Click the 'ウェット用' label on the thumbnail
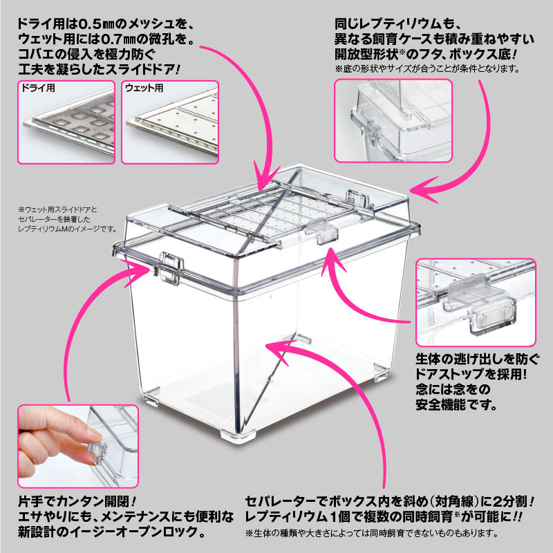tap(144, 89)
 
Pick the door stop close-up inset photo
tap(476, 301)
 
